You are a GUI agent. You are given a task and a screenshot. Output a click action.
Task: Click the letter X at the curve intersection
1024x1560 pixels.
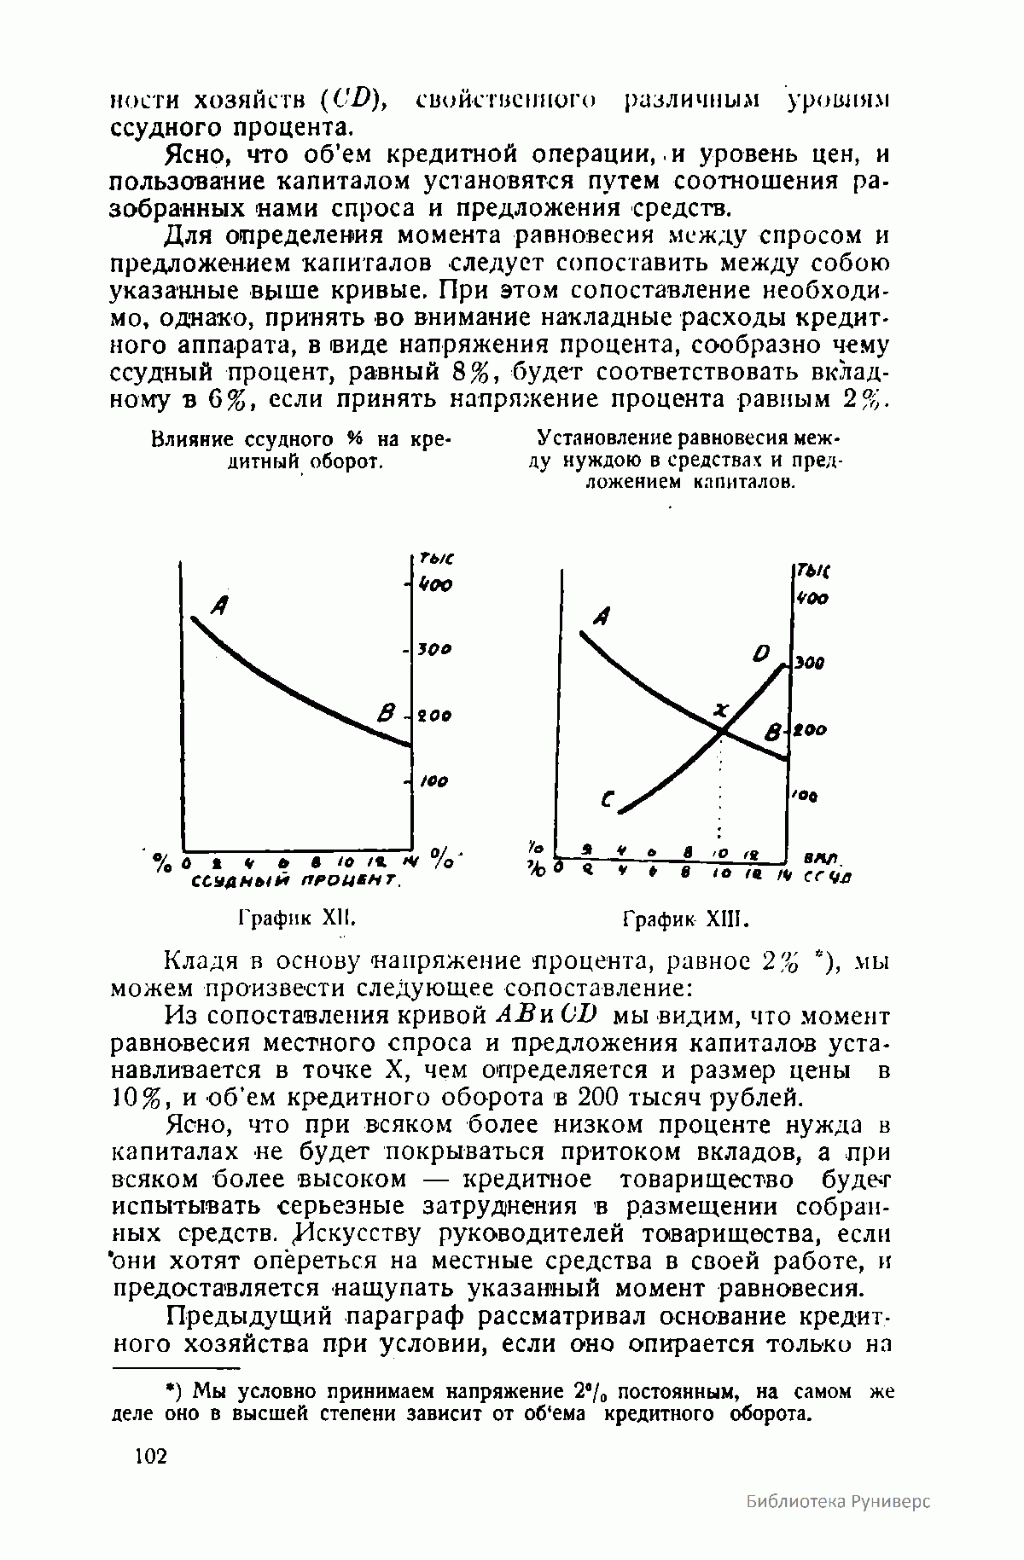point(722,710)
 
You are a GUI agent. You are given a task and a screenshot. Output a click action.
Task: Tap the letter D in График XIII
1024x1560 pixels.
point(761,654)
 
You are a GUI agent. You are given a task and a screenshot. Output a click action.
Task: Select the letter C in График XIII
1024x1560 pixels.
point(608,801)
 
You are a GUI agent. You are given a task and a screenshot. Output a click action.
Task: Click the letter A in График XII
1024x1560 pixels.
point(219,606)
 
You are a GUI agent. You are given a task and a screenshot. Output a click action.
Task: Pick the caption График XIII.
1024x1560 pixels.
point(685,920)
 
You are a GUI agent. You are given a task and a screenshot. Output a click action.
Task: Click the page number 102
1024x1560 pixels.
point(151,1456)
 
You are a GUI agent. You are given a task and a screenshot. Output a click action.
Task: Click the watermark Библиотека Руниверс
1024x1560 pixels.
point(837,1525)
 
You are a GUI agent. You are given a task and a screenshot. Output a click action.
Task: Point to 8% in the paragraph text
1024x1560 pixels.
point(470,373)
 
